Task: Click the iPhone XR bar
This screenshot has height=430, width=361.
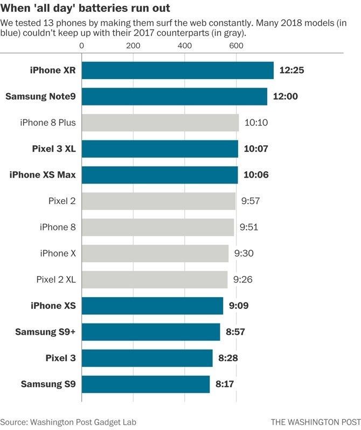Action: tap(177, 71)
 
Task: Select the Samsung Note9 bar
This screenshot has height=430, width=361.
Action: tap(174, 97)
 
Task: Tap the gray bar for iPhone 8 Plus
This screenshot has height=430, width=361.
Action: tap(160, 123)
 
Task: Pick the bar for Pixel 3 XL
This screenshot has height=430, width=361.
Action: tap(159, 149)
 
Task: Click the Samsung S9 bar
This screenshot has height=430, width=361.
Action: tap(145, 384)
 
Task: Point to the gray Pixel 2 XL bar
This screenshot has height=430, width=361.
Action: tap(155, 280)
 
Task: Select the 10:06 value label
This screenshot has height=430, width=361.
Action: tap(256, 175)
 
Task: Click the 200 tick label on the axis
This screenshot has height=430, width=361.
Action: tap(133, 46)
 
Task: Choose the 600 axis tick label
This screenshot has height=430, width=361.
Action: tap(235, 46)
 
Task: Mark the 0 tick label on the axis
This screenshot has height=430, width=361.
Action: tap(82, 46)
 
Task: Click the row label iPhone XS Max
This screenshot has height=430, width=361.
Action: tap(43, 175)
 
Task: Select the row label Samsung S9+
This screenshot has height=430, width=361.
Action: tap(45, 332)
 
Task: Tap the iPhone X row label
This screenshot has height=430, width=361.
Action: tap(58, 253)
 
